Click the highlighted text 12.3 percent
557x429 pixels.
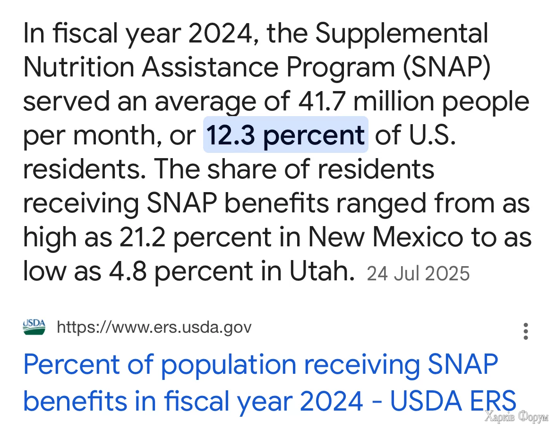pos(285,135)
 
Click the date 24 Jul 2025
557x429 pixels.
pos(418,273)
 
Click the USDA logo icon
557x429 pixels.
pos(34,327)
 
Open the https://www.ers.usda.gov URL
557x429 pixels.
pos(154,327)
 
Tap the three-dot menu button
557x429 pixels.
pos(525,331)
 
